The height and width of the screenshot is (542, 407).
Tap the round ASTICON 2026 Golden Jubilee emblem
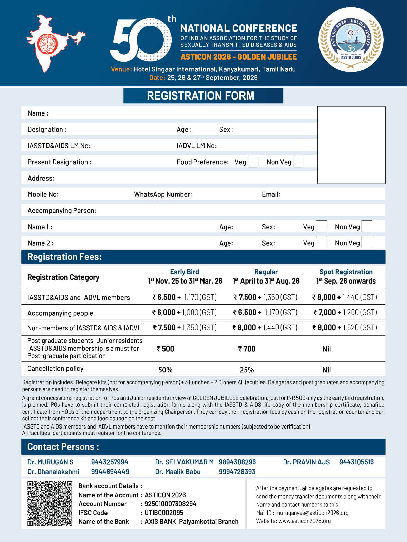tap(351, 40)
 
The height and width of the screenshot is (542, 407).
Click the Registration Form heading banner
tap(203, 96)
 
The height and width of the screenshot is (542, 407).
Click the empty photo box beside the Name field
tap(351, 145)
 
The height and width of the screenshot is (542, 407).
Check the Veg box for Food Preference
tap(253, 161)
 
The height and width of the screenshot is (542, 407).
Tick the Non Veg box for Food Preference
tap(298, 161)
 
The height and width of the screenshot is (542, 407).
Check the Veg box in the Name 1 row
tap(321, 226)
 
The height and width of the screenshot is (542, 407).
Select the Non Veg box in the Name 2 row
tap(367, 242)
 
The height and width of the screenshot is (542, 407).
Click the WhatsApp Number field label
tap(163, 194)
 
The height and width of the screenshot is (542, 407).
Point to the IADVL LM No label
tap(196, 146)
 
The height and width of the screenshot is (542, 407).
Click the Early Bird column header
tap(185, 272)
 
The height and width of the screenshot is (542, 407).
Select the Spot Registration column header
tap(346, 272)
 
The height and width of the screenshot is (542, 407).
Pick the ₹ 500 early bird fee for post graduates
tap(166, 349)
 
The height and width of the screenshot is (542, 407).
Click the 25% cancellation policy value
tap(247, 370)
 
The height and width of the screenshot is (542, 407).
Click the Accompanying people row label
tap(60, 313)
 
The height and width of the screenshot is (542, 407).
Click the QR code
tap(50, 503)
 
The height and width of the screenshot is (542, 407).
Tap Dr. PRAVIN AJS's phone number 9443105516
tap(356, 462)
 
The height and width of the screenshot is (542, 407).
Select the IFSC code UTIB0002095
tap(164, 513)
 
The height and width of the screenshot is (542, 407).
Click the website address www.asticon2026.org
tap(305, 521)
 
